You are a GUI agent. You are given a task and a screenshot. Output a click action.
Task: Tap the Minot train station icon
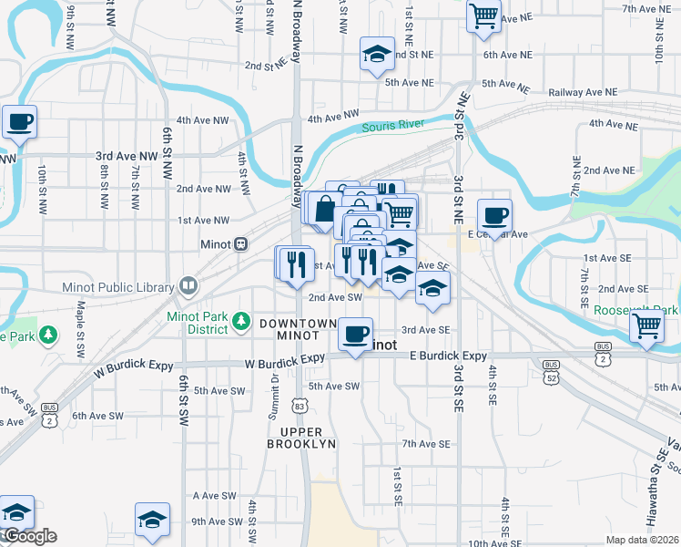241,244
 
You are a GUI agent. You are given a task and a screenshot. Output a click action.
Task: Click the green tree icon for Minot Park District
240,320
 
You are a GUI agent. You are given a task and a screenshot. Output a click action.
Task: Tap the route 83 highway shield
300,404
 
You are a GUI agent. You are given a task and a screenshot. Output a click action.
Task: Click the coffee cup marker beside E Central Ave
494,216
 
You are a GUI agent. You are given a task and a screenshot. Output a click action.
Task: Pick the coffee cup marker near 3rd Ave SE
355,333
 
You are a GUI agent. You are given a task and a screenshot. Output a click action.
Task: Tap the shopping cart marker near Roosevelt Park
645,325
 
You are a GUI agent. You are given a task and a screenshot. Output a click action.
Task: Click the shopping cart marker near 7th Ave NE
483,15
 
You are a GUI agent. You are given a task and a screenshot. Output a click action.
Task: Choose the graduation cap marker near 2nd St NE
376,54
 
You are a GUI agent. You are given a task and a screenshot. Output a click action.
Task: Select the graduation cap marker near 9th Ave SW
152,520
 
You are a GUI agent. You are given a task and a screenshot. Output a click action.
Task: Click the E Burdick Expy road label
448,356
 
